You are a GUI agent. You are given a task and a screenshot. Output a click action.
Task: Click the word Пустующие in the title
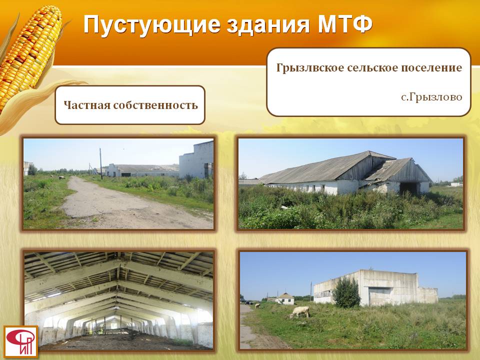(152, 25)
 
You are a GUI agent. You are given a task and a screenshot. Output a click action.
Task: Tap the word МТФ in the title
(344, 24)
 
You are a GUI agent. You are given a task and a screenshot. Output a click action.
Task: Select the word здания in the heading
(268, 24)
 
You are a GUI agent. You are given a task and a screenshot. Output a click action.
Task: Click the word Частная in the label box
(86, 105)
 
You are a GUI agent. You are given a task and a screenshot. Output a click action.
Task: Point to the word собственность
(155, 105)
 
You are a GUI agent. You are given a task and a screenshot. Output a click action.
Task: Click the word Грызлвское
(310, 67)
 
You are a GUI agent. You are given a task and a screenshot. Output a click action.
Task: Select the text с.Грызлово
(431, 97)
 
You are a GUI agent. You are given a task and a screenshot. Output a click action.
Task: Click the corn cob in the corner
(29, 52)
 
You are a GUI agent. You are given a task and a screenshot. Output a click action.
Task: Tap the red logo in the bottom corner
(21, 341)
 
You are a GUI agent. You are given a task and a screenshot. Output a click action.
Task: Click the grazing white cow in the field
(299, 312)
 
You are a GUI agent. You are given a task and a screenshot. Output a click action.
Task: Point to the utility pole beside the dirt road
(100, 163)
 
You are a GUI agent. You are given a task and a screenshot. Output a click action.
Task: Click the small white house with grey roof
(284, 298)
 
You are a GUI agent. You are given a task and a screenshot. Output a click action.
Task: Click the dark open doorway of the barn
(409, 188)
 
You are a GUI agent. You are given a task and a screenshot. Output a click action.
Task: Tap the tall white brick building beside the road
(196, 160)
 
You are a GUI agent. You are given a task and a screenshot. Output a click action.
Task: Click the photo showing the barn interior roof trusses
(118, 300)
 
